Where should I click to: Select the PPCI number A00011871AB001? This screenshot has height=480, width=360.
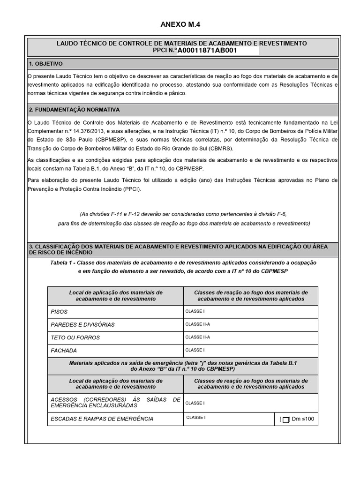[x=207, y=51]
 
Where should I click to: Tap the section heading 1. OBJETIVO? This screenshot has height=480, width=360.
[x=45, y=63]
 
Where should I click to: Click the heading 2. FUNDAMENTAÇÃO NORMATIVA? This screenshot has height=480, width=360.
[x=74, y=110]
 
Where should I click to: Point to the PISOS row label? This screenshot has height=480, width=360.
[x=59, y=312]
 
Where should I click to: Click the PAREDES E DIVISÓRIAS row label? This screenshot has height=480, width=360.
[x=82, y=324]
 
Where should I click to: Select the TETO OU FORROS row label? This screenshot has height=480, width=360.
[x=75, y=337]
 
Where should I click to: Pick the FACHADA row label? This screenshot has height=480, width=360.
[x=64, y=350]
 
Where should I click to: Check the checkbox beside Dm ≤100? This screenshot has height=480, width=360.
[x=286, y=420]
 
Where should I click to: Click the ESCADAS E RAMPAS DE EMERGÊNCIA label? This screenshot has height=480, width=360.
[x=102, y=419]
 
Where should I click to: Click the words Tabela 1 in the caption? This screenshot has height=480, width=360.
[x=63, y=262]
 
